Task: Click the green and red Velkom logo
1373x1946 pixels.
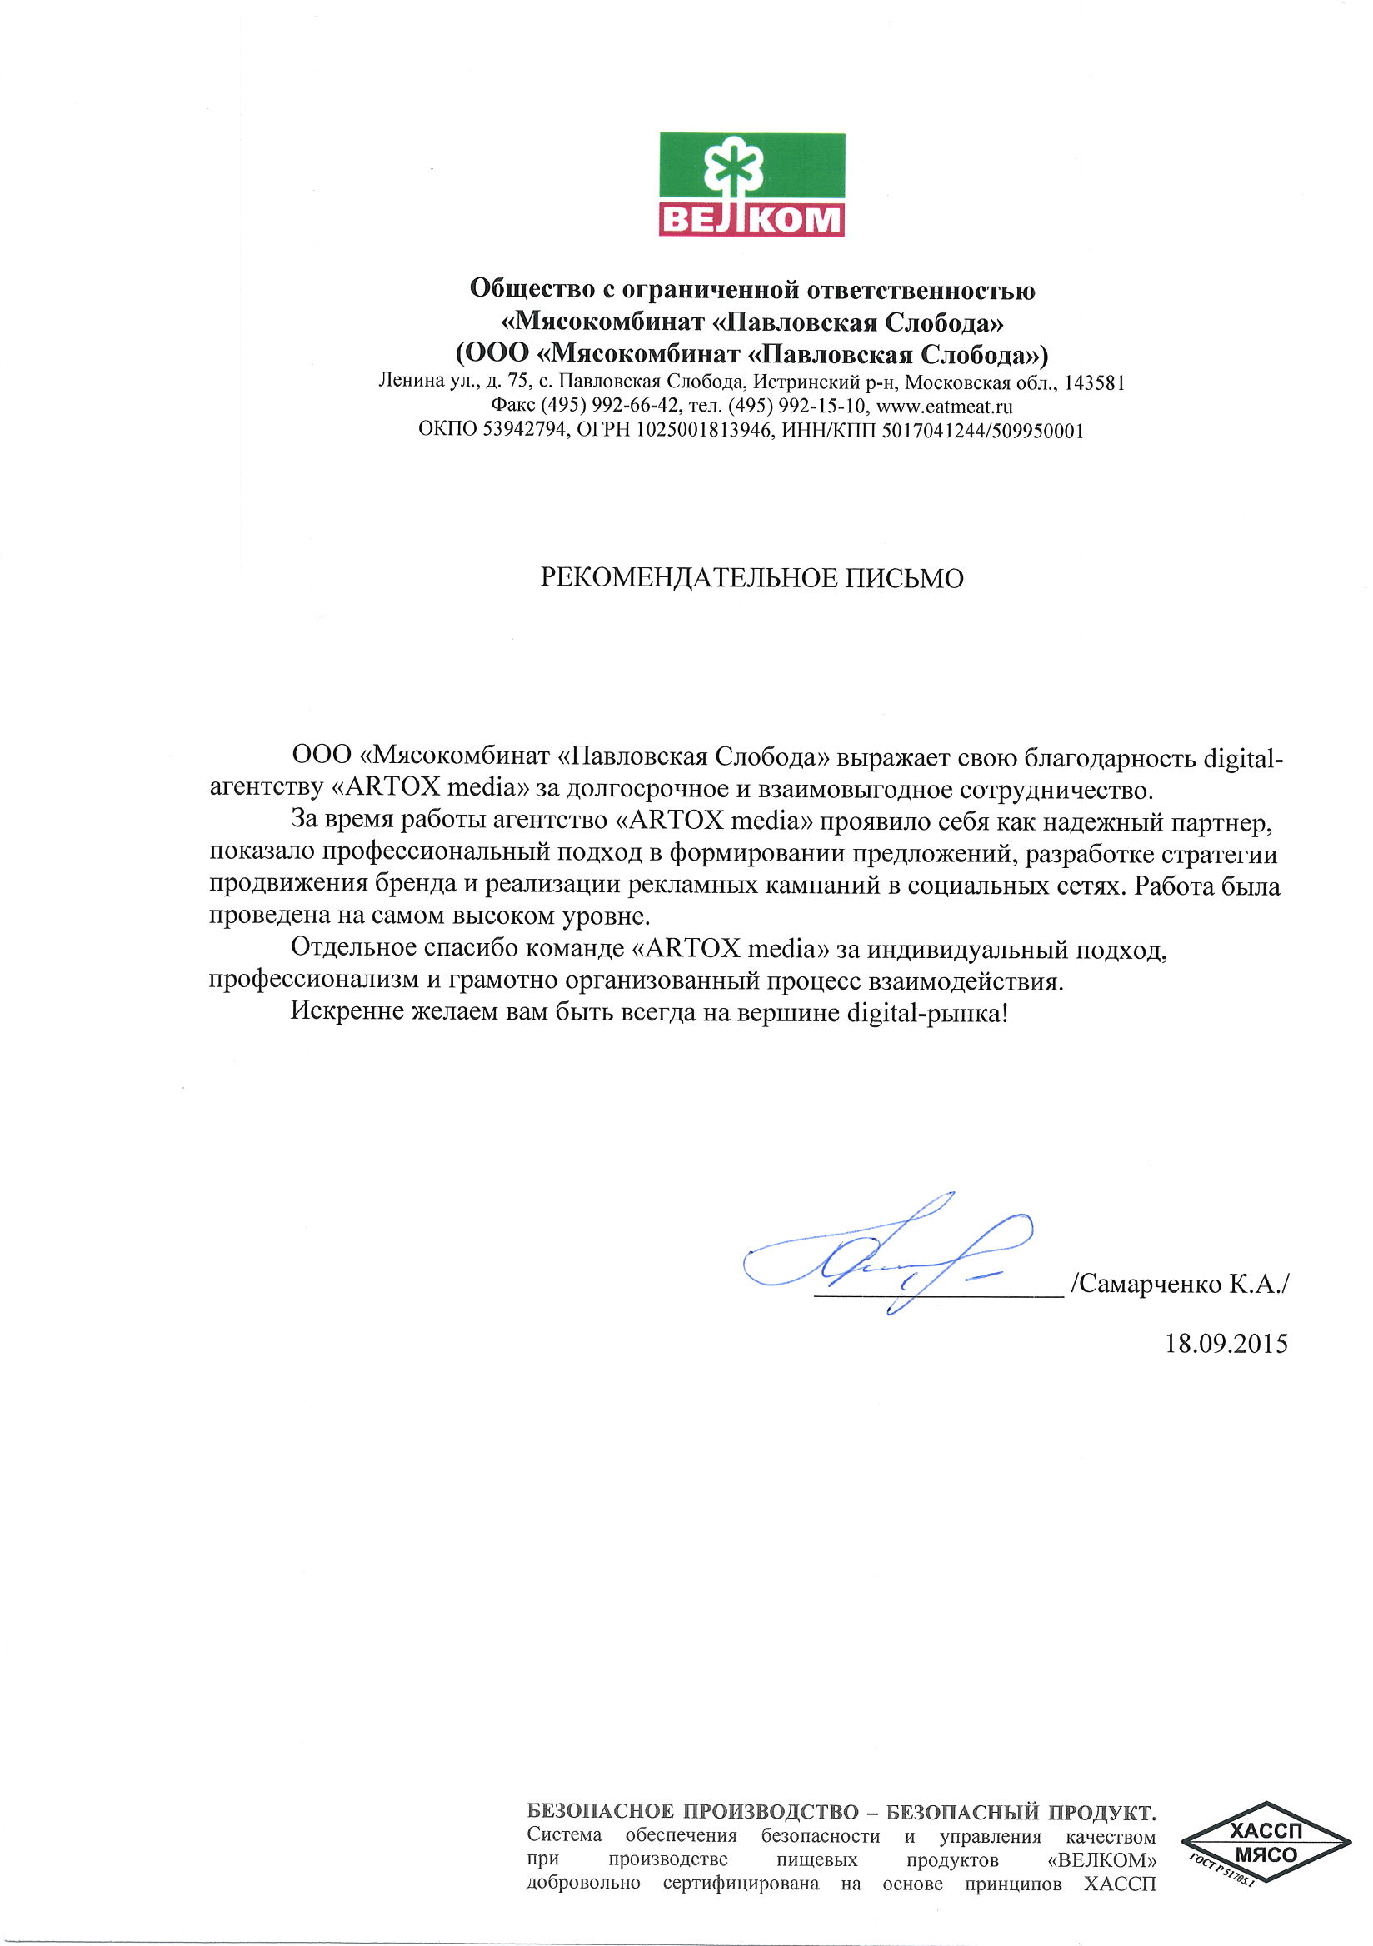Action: pos(751,184)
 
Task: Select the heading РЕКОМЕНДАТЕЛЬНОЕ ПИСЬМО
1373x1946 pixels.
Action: pos(751,578)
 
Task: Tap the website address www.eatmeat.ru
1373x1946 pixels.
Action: pos(944,406)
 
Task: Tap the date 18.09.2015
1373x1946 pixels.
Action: pos(1226,1344)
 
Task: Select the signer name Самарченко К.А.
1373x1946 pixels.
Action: pos(1180,1283)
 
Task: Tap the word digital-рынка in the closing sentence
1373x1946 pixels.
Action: pos(927,1012)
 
